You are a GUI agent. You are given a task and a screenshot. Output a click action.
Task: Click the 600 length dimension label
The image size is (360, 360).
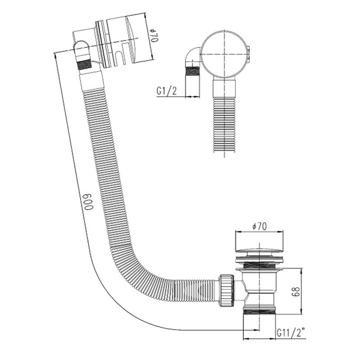88,202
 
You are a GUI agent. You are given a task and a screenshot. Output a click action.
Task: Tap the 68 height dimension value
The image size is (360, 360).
296,291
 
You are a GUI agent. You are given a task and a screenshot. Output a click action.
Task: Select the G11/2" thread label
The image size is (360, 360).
291,333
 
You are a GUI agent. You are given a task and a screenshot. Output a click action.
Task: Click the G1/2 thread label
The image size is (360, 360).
166,91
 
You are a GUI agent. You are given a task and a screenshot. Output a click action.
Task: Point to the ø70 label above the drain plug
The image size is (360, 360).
260,227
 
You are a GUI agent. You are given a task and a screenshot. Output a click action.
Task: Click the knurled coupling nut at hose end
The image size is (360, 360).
227,291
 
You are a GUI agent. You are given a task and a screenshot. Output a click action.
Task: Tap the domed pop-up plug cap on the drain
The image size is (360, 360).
259,252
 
